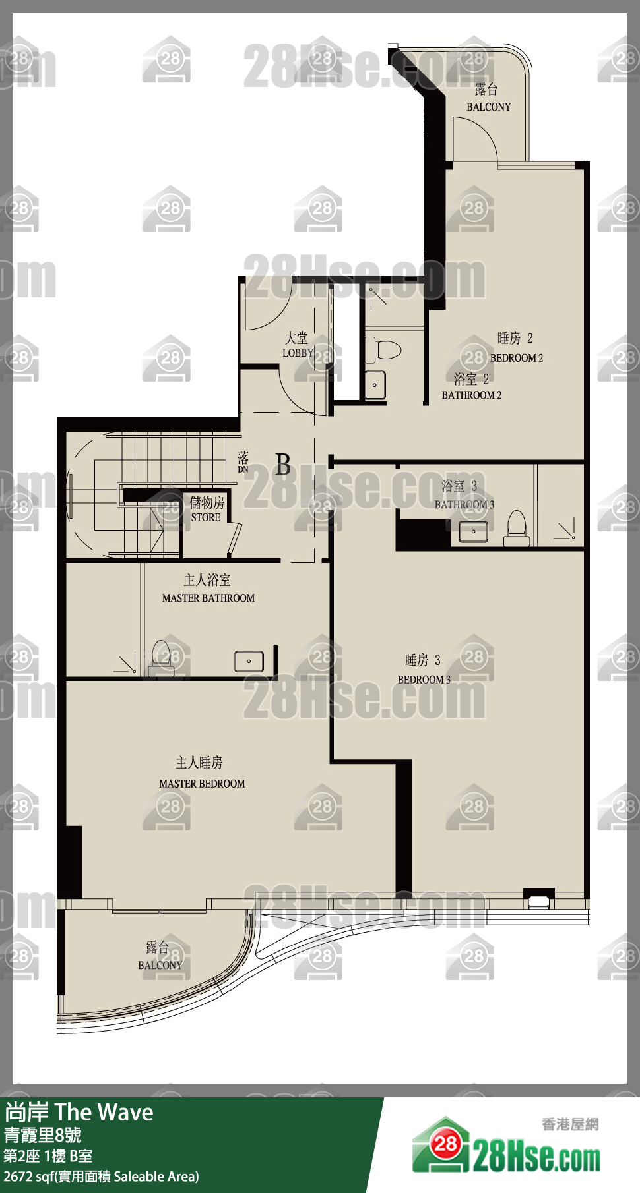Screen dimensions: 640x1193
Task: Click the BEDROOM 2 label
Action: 517,358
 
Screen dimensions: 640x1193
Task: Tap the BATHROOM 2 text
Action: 472,395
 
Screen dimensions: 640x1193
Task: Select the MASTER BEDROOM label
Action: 202,784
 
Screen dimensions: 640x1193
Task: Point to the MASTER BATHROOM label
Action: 208,598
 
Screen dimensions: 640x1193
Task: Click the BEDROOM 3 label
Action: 424,680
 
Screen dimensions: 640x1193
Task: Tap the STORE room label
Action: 206,518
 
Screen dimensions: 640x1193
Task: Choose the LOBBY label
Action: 298,353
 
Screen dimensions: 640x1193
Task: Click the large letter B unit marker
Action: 283,465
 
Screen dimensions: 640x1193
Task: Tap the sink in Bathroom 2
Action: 375,384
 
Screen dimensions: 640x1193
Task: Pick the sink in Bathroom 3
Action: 474,531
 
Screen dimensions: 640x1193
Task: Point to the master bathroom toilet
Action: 161,658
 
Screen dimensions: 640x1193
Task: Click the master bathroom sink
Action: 249,661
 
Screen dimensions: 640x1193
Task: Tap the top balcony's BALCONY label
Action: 489,107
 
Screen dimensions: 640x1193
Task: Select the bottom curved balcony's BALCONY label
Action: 160,966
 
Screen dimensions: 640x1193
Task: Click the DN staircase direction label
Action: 243,469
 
